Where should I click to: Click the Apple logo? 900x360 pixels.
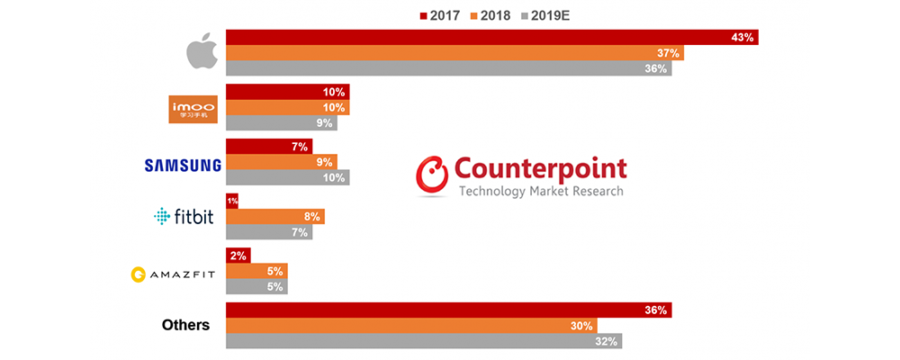tap(202, 53)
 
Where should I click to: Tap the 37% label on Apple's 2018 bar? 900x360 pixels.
tap(668, 53)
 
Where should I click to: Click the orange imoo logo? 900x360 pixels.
tap(194, 108)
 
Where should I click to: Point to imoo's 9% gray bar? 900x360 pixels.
tap(281, 123)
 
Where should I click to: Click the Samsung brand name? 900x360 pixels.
tap(183, 165)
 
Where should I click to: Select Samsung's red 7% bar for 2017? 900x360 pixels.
tap(268, 146)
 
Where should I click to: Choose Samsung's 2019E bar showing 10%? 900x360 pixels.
tap(287, 177)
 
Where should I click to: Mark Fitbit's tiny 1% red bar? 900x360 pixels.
tap(231, 201)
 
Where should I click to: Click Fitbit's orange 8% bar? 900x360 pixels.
tap(274, 216)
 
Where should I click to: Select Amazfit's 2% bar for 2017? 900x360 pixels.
tap(238, 256)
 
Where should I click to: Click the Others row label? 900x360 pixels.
tap(186, 325)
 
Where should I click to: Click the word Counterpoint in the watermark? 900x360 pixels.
tap(541, 168)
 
